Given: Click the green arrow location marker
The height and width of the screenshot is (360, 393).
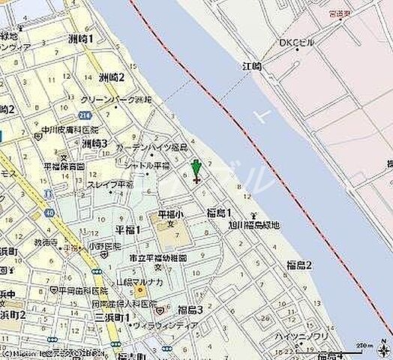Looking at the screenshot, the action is pyautogui.click(x=196, y=169).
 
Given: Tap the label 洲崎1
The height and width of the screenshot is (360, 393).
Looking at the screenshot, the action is pyautogui.click(x=79, y=38).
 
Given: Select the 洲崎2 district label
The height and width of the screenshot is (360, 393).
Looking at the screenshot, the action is pyautogui.click(x=111, y=76).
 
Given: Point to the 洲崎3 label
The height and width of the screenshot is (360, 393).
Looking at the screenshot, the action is pyautogui.click(x=95, y=143).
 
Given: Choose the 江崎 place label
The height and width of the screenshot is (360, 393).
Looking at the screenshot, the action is pyautogui.click(x=253, y=67).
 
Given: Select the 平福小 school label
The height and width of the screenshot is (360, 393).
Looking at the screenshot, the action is pyautogui.click(x=166, y=215).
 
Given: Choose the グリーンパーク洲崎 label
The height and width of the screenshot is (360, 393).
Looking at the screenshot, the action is pyautogui.click(x=115, y=99).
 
